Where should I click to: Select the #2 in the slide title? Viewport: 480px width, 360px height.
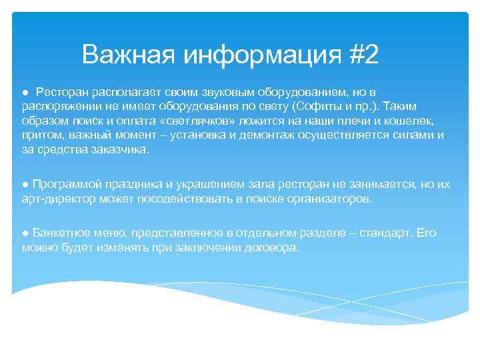pos(363,55)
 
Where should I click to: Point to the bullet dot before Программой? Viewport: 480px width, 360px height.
pos(24,183)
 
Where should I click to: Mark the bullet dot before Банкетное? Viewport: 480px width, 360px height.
pos(24,233)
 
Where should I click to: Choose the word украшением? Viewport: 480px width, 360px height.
pos(199,183)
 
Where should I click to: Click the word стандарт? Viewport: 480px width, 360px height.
pos(389,233)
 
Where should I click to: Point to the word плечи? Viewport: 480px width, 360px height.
pos(344,121)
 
